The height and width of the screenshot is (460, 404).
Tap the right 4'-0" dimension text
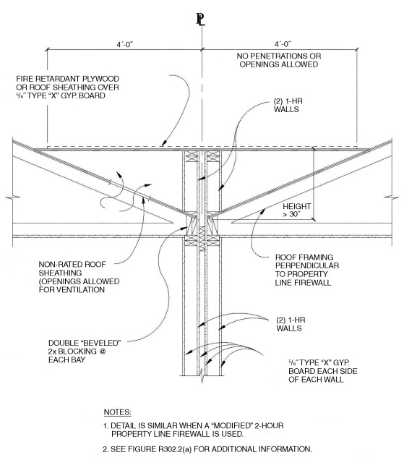pyautogui.click(x=278, y=42)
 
